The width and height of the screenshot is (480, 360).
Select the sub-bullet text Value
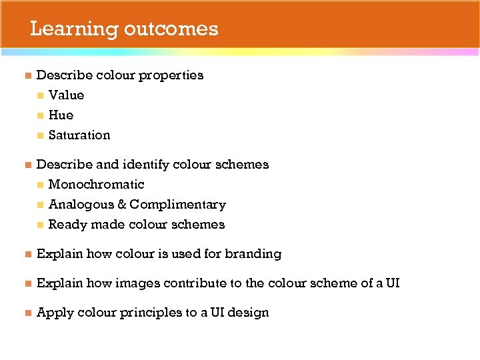(x=66, y=95)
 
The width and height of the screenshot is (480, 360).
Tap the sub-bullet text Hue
(x=61, y=115)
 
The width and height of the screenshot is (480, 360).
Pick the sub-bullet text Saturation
(x=79, y=135)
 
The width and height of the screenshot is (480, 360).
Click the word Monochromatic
(x=96, y=185)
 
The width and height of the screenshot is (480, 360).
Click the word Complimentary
(x=177, y=205)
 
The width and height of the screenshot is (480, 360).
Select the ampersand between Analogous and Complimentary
(x=120, y=205)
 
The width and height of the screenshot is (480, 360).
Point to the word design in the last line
(x=249, y=313)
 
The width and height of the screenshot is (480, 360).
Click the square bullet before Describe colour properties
(x=27, y=75)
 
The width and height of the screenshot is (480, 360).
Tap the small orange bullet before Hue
(x=40, y=115)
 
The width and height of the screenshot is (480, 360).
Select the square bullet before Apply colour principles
(x=27, y=313)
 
